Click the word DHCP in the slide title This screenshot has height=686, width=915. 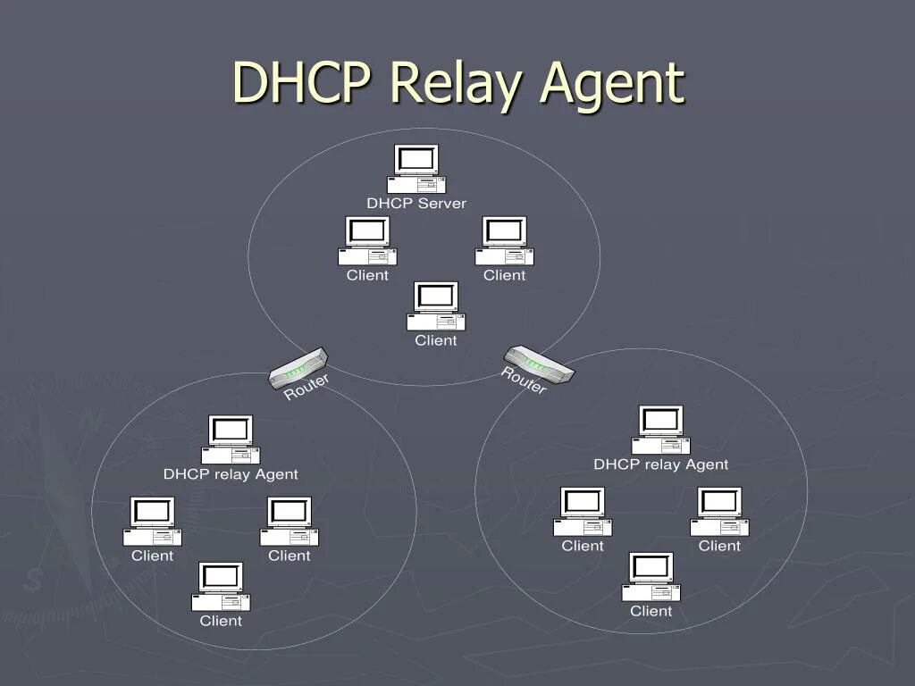(x=304, y=82)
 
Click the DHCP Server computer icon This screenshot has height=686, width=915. (x=416, y=169)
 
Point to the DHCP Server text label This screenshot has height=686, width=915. (x=416, y=204)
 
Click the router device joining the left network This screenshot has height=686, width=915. (x=298, y=367)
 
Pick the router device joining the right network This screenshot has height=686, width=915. (x=539, y=364)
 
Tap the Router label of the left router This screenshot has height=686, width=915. (x=307, y=387)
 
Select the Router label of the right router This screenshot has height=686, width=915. (x=524, y=381)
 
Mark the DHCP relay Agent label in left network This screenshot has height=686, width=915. (x=231, y=474)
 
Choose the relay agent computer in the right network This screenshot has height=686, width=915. (x=661, y=430)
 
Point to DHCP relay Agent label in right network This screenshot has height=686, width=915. (x=661, y=464)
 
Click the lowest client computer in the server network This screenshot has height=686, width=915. (x=436, y=306)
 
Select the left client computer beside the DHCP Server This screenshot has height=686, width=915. (x=367, y=240)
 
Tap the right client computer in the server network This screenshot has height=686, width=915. (x=504, y=240)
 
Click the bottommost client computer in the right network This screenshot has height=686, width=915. (x=651, y=577)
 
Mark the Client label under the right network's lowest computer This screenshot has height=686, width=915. (x=651, y=611)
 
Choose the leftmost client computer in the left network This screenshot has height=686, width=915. (x=152, y=521)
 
